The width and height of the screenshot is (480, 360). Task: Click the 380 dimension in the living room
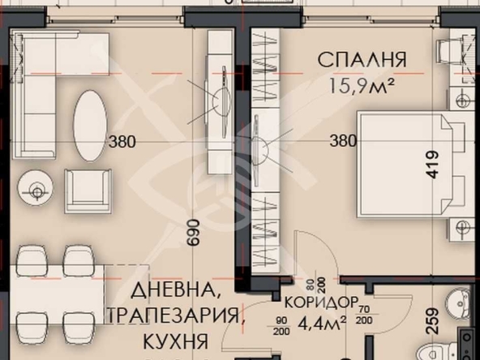click(122, 141)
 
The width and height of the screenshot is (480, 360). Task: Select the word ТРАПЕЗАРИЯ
click(173, 315)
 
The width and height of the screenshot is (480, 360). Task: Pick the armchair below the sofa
click(87, 192)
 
